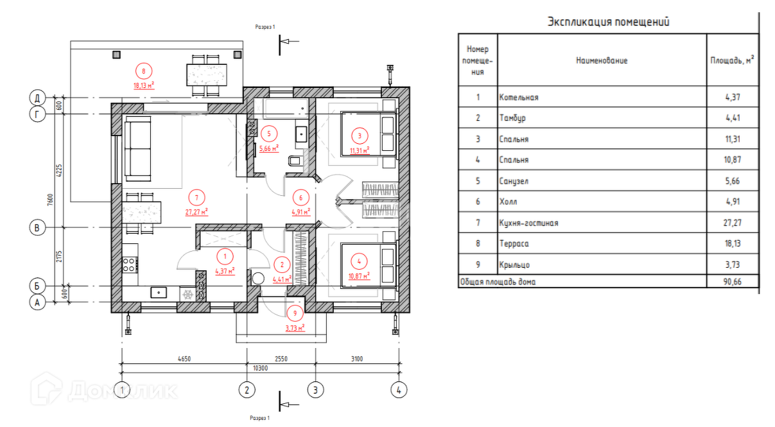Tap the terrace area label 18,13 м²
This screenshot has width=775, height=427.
(x=144, y=85)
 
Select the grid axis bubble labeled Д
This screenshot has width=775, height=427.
(x=37, y=98)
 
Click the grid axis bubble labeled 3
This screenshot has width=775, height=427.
(x=315, y=390)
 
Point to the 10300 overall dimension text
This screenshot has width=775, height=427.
(x=260, y=368)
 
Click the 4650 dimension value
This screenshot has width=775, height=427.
(x=184, y=359)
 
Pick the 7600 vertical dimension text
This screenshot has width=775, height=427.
(x=50, y=200)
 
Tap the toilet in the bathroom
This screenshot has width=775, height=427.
(x=295, y=161)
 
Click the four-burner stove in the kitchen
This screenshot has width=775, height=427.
(x=130, y=265)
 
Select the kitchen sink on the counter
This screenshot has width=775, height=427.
(x=159, y=292)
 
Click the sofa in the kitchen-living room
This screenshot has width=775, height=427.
(x=137, y=149)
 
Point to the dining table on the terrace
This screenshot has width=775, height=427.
(x=207, y=75)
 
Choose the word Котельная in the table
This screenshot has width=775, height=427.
(x=519, y=97)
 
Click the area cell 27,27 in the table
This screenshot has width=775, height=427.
(x=732, y=223)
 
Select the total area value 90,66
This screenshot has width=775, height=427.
(x=732, y=282)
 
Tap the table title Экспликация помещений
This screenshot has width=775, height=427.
(x=608, y=22)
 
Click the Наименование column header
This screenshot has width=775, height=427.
(x=602, y=60)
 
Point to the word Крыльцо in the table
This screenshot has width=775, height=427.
(x=514, y=265)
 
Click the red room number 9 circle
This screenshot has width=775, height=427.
(x=295, y=313)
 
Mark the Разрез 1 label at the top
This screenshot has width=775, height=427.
(x=265, y=27)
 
